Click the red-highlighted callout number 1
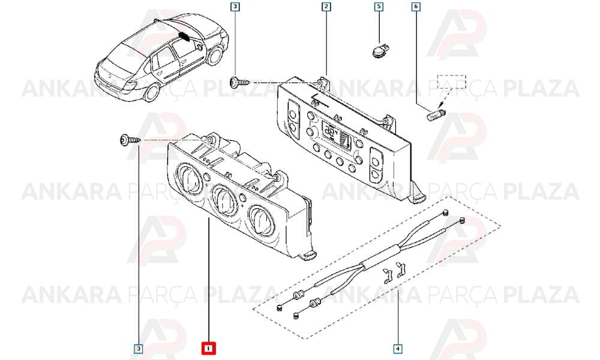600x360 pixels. click(x=209, y=349)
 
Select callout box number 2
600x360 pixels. click(x=326, y=7)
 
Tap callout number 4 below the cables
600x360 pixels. click(x=398, y=349)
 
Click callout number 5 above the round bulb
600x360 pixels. click(x=379, y=7)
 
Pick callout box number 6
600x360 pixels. click(x=416, y=7)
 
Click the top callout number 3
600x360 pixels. click(x=235, y=7)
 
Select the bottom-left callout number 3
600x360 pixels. click(x=139, y=349)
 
